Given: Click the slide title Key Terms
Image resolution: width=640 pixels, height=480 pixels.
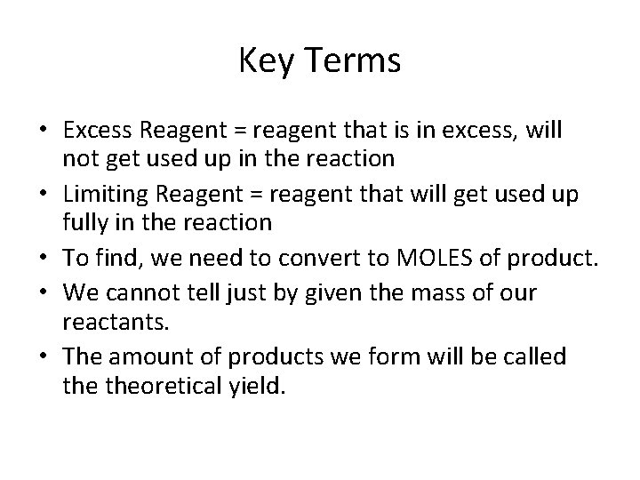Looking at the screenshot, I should click(320, 62).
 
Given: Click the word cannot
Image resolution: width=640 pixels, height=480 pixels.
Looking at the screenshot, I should click(148, 292).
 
